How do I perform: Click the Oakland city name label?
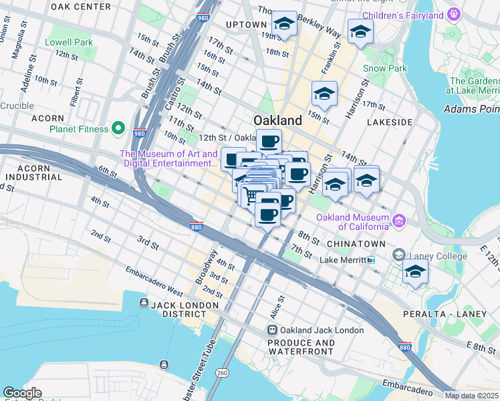[x=277, y=120]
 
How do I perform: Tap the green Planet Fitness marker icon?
[x=118, y=128]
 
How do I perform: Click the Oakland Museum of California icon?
[x=399, y=220]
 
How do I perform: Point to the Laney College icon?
[x=399, y=255]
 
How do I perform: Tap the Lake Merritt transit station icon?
[x=370, y=260]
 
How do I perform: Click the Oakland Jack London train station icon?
[x=272, y=330]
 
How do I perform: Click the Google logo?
[x=22, y=393]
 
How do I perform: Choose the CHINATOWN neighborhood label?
[x=353, y=244]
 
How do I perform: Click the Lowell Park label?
[x=68, y=41]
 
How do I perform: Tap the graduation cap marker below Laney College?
[x=415, y=271]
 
